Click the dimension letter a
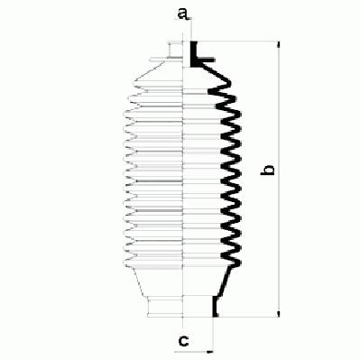[x=183, y=14]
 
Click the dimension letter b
[x=267, y=170]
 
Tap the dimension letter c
[x=183, y=340]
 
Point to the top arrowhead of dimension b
[x=280, y=44]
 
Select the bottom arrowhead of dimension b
[x=280, y=314]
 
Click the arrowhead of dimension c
[x=210, y=351]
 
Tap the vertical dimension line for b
[x=280, y=180]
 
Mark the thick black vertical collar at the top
[x=194, y=54]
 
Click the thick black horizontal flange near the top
[x=206, y=60]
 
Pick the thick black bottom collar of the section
[x=215, y=306]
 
